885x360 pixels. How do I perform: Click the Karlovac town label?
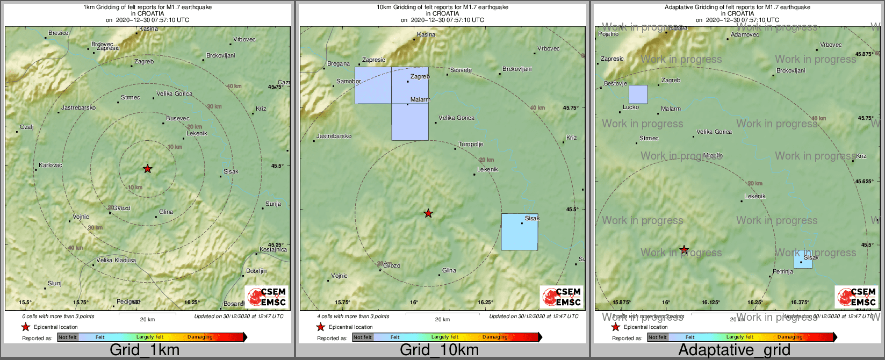51,165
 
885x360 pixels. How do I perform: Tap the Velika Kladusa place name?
116,261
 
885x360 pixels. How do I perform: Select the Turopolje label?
471,145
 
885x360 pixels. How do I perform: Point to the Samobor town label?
348,82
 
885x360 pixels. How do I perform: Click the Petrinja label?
783,272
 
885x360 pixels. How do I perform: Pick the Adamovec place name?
745,35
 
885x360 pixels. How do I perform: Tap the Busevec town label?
177,119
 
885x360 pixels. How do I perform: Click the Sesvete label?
461,70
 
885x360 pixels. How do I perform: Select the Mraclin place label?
713,156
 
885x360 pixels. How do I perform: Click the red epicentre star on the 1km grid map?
148,169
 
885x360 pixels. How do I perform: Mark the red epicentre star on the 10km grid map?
428,214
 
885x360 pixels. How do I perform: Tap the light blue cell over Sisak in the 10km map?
519,232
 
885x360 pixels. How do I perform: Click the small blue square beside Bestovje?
638,95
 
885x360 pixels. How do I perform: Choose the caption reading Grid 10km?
439,350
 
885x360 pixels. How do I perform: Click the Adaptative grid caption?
734,350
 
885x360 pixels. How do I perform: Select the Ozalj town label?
27,127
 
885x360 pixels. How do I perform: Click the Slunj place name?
55,284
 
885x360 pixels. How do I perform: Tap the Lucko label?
631,107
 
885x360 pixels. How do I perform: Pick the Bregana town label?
339,64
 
